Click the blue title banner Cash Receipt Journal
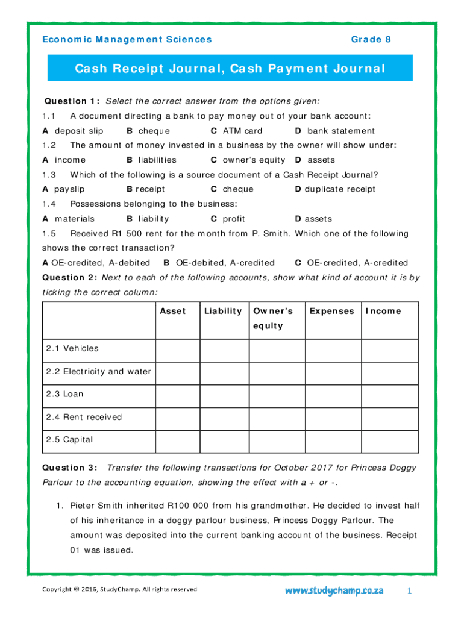[x=230, y=69]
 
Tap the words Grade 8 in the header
[x=371, y=40]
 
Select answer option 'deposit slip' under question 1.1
[x=78, y=131]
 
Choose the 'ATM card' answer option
[x=242, y=131]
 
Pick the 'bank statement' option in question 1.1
[x=340, y=131]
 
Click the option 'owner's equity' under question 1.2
[x=254, y=160]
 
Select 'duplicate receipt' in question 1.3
[x=340, y=189]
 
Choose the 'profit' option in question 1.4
[x=234, y=219]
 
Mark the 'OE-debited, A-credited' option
[x=224, y=263]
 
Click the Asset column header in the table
[x=173, y=312]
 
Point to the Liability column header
[x=223, y=312]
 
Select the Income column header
[x=383, y=312]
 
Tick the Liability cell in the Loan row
[x=224, y=395]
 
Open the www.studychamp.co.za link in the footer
[x=334, y=591]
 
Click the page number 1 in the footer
[x=409, y=591]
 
